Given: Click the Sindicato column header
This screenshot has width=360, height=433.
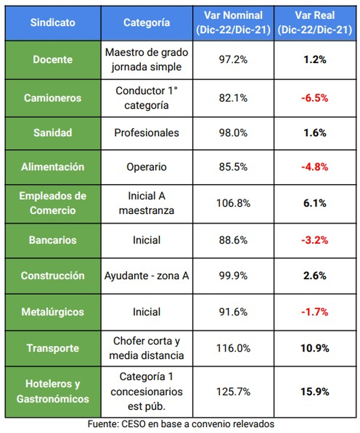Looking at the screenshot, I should coord(53,22).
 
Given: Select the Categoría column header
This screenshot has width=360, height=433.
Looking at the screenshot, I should coord(147,22).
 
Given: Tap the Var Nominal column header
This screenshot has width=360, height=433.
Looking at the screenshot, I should coord(233,22).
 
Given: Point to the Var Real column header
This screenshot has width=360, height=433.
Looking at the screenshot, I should coord(315,22).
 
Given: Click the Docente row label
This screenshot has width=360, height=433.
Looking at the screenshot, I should coord(53,60).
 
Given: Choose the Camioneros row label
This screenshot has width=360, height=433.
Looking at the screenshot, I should coord(53,98).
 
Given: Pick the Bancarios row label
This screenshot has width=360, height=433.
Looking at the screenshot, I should coord(53,240).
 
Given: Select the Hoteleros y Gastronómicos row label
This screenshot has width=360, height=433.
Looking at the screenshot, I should coord(53,391).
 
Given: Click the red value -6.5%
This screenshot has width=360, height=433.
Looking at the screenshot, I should coord(315,98).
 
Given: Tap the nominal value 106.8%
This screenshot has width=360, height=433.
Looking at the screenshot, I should coord(234,202).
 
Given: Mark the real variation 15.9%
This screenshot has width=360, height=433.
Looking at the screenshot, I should coord(315,391).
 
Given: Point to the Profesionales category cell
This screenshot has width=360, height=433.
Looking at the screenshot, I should coord(147,133).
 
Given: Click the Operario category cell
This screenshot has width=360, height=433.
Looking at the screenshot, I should coord(147,167).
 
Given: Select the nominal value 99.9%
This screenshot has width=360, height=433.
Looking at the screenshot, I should coord(234,275).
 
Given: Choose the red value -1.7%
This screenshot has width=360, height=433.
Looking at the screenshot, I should coord(315,311).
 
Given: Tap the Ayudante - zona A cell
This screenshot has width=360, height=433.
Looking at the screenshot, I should coord(147,275).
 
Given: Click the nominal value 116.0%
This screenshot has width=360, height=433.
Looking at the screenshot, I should coord(234,348).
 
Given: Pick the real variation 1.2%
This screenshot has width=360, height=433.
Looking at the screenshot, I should coord(315,60).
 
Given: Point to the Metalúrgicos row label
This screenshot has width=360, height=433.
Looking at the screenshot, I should coord(53,311).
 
